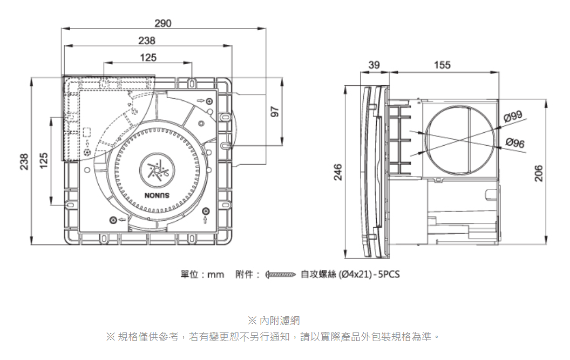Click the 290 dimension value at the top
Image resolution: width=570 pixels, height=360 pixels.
pyautogui.click(x=162, y=23)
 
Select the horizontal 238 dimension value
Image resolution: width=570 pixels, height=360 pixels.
pyautogui.click(x=147, y=40)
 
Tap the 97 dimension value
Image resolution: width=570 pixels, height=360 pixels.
pyautogui.click(x=275, y=112)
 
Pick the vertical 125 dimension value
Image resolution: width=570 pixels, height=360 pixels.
pyautogui.click(x=44, y=161)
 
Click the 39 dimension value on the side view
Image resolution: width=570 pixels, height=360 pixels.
pyautogui.click(x=374, y=65)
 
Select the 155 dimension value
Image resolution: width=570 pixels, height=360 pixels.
pyautogui.click(x=442, y=65)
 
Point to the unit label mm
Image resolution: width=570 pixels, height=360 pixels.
pyautogui.click(x=215, y=275)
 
